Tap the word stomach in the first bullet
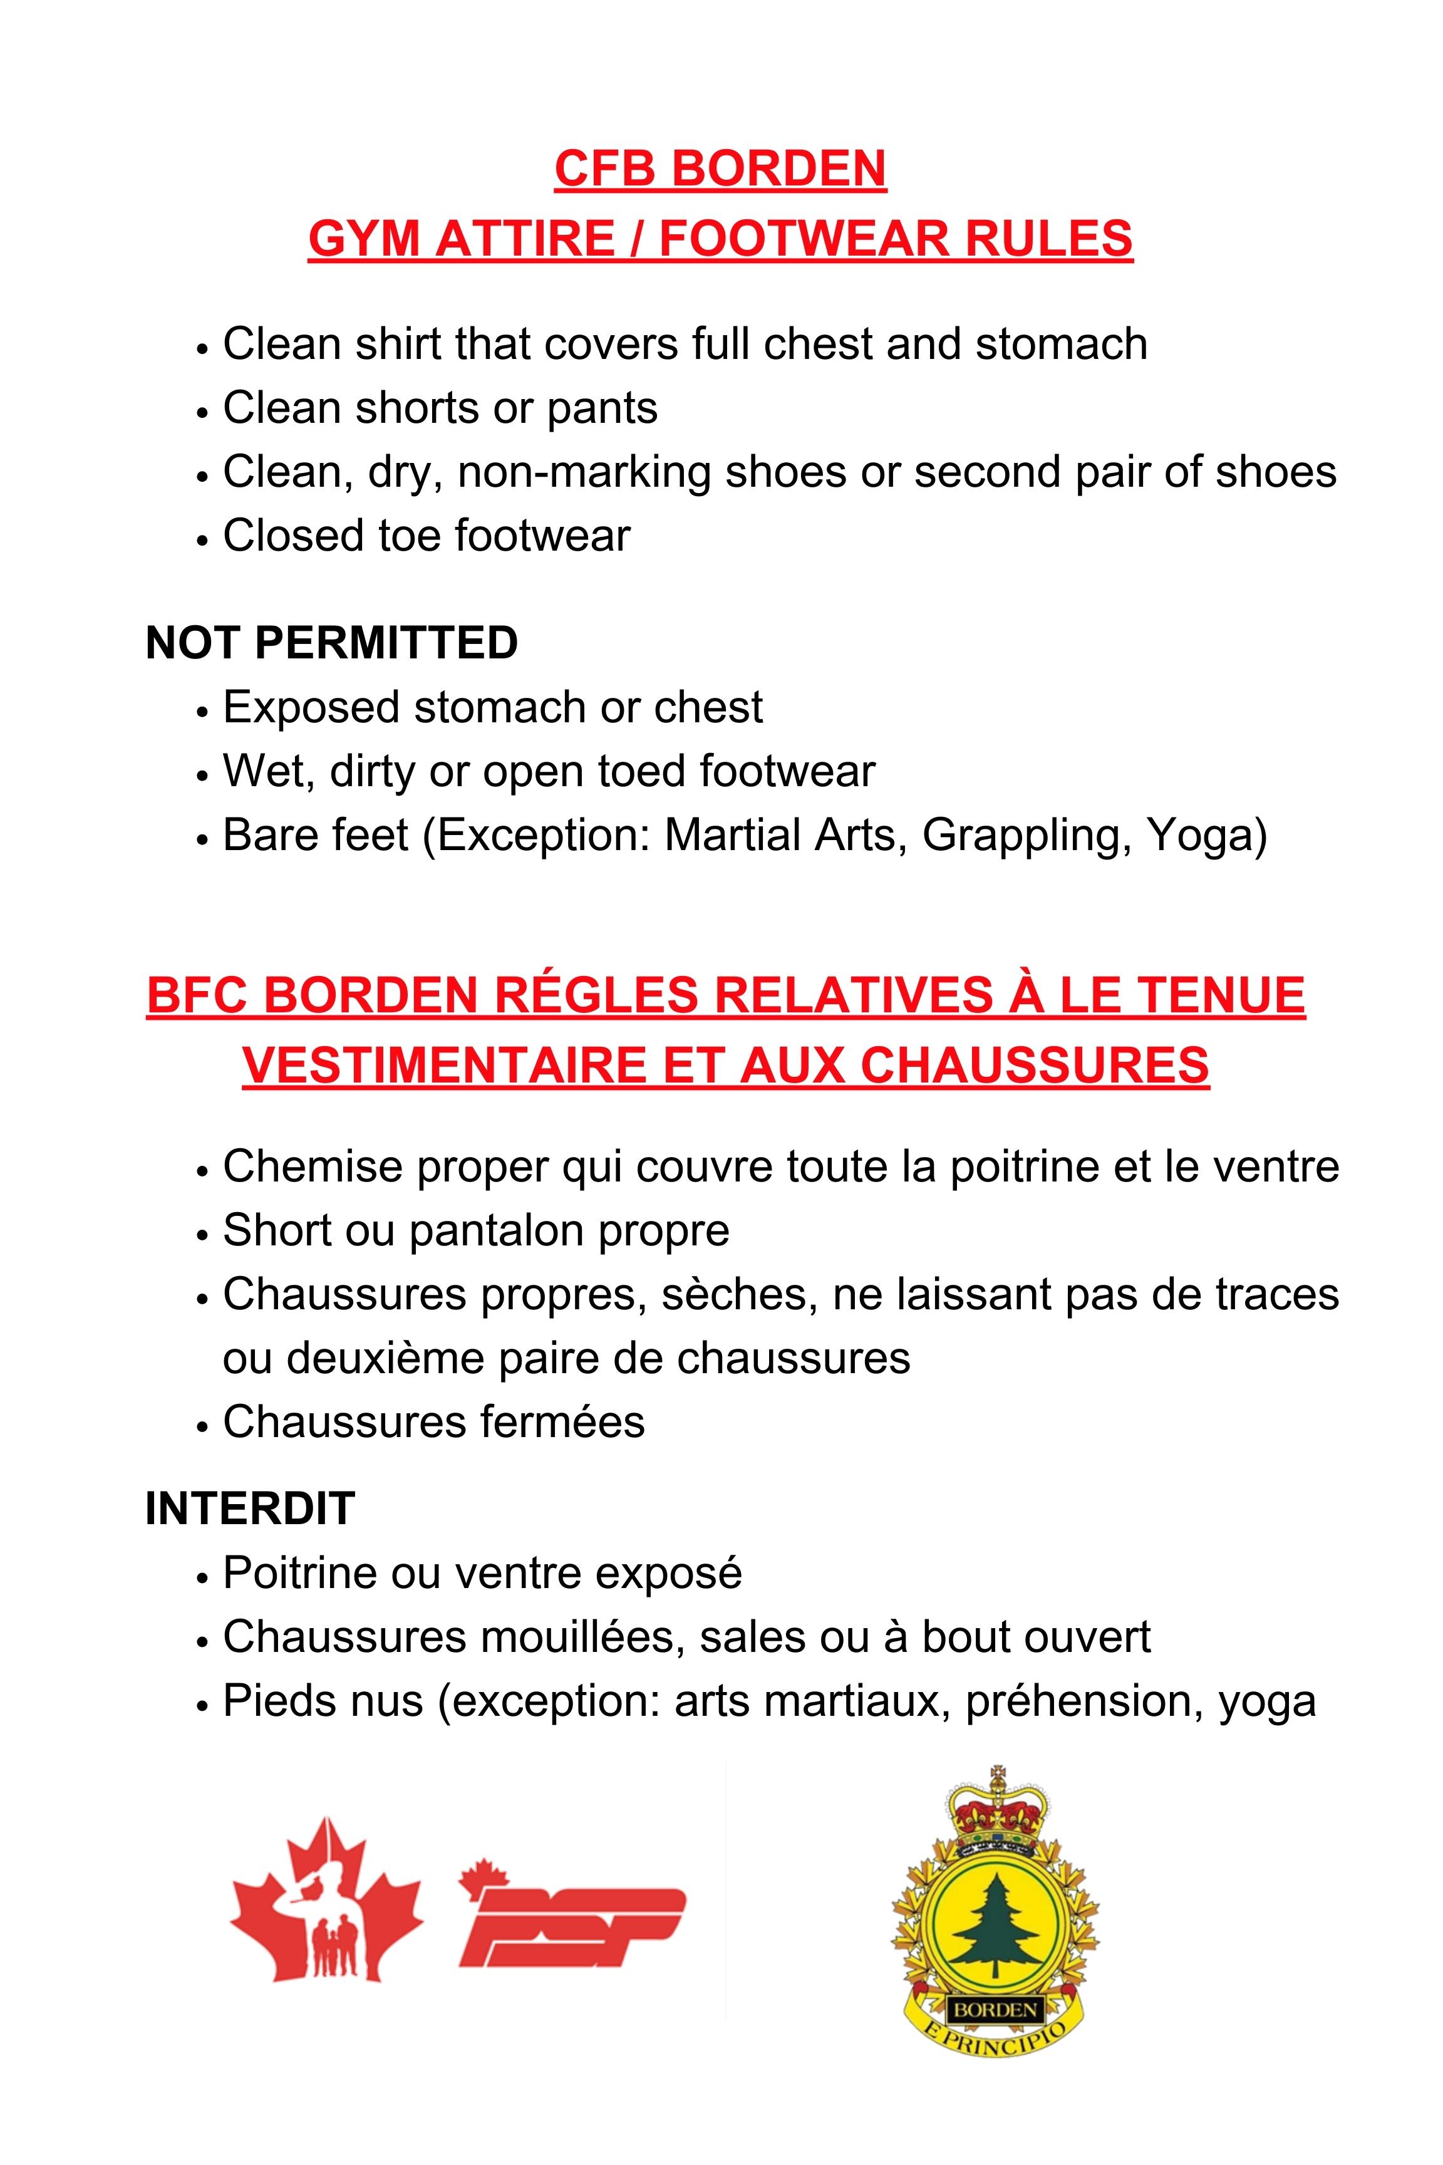point(1061,345)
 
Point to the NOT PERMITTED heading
point(331,643)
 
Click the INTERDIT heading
point(249,1508)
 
